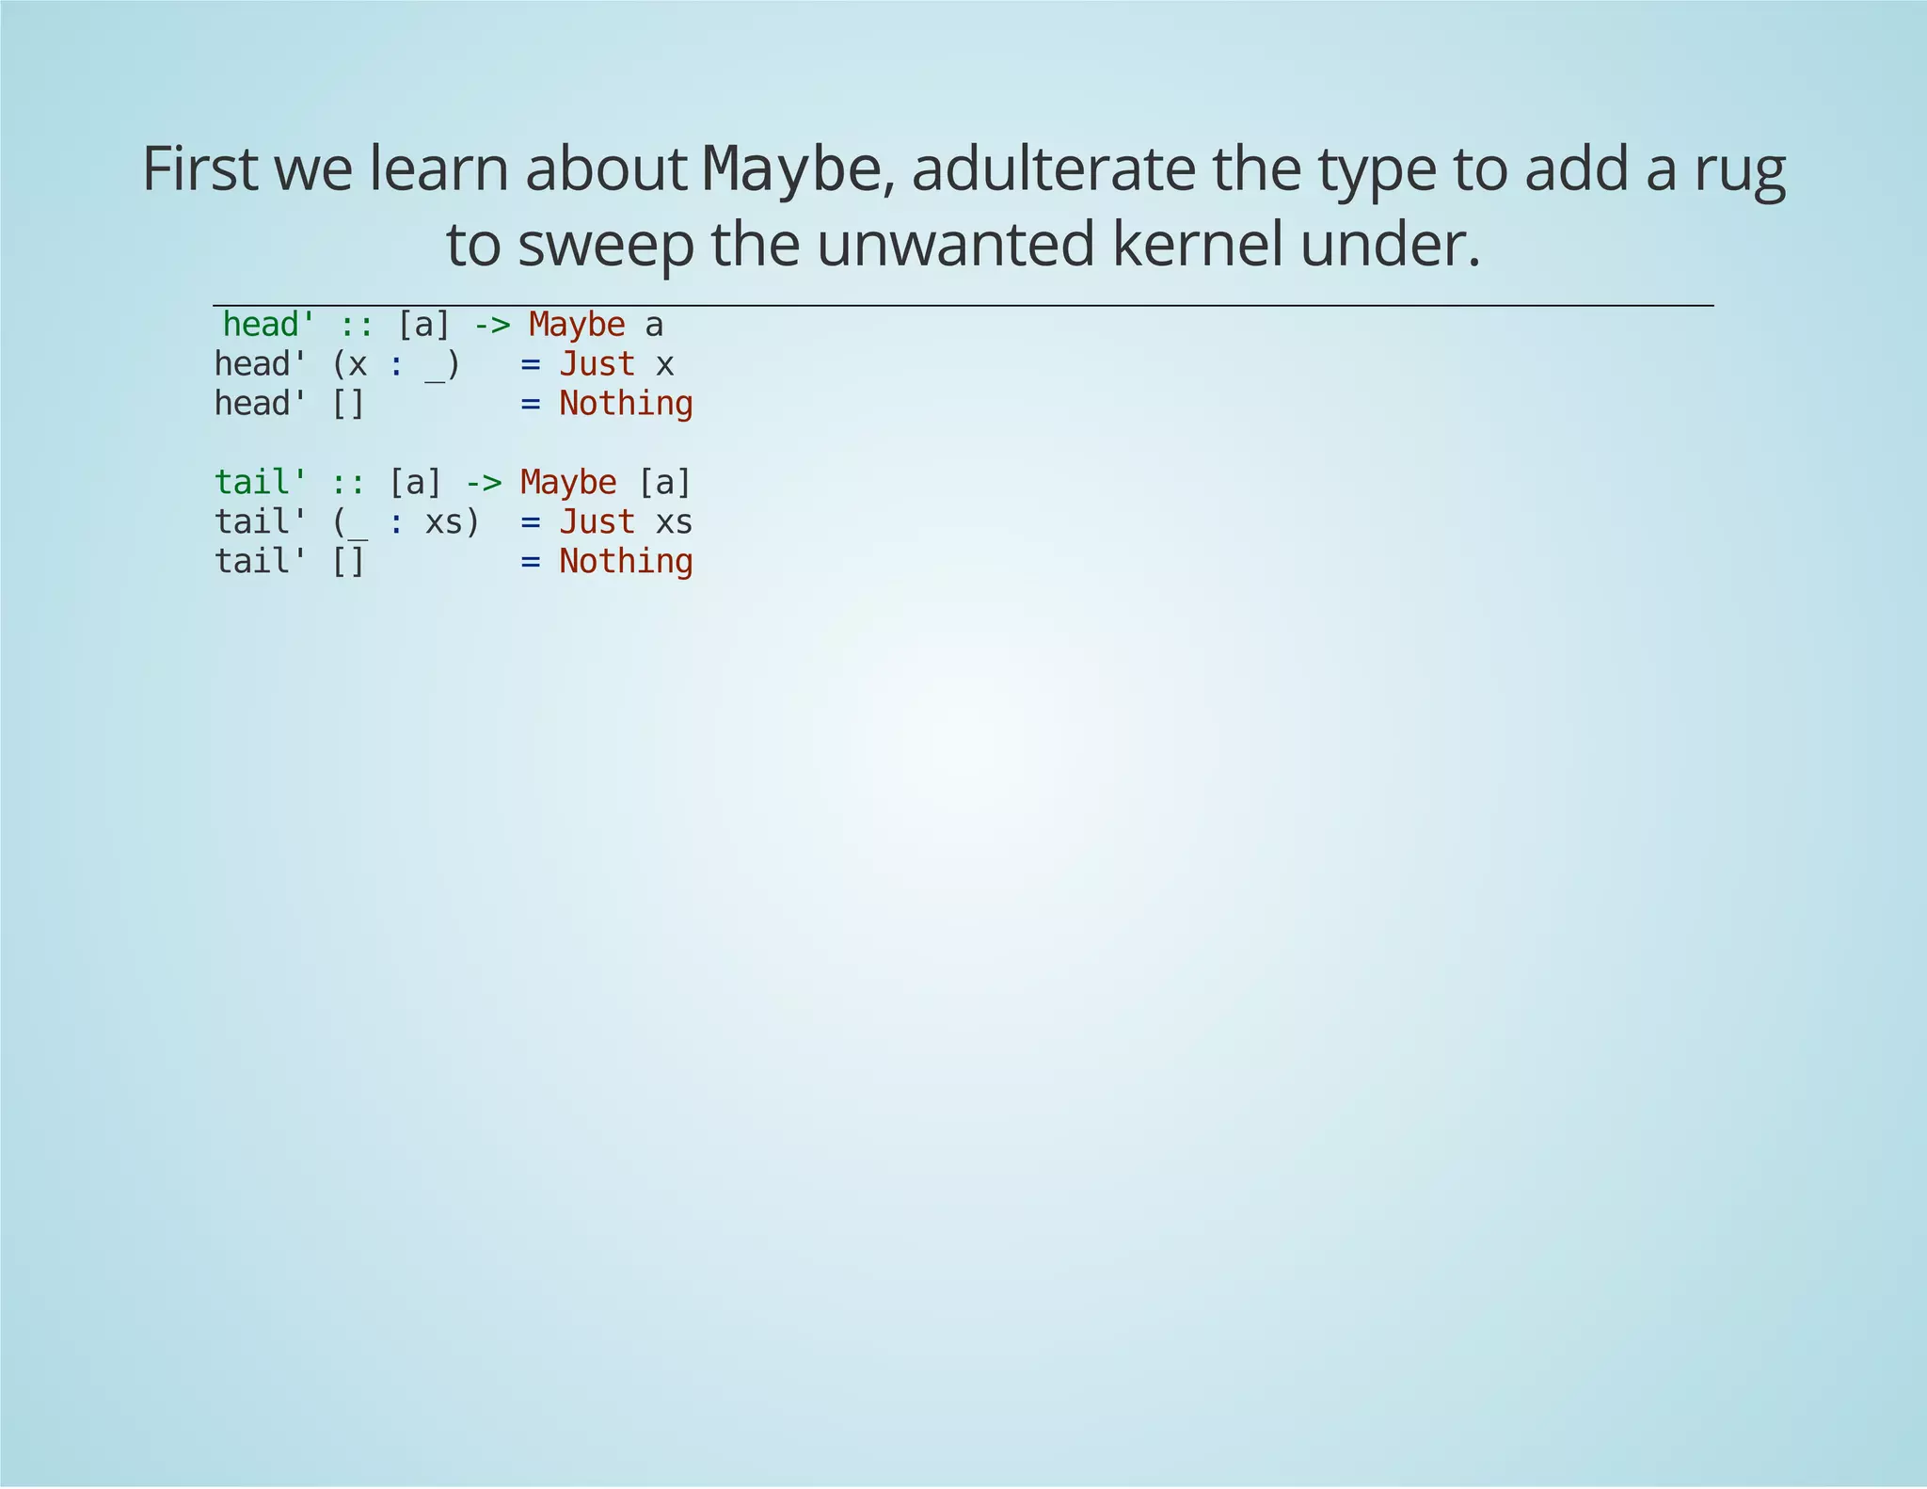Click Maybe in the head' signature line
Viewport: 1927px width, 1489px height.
[x=576, y=325]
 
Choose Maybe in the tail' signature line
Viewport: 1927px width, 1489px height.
[x=568, y=482]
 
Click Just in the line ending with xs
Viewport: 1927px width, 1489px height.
[x=597, y=521]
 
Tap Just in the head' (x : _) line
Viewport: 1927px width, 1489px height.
[x=597, y=364]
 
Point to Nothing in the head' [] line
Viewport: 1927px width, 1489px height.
[x=626, y=404]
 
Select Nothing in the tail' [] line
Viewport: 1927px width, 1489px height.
[x=626, y=561]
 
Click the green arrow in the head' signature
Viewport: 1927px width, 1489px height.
[x=490, y=325]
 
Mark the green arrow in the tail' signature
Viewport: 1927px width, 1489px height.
[x=483, y=482]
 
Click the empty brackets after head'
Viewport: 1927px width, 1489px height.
[x=348, y=404]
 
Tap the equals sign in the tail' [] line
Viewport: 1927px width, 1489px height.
[x=531, y=561]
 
